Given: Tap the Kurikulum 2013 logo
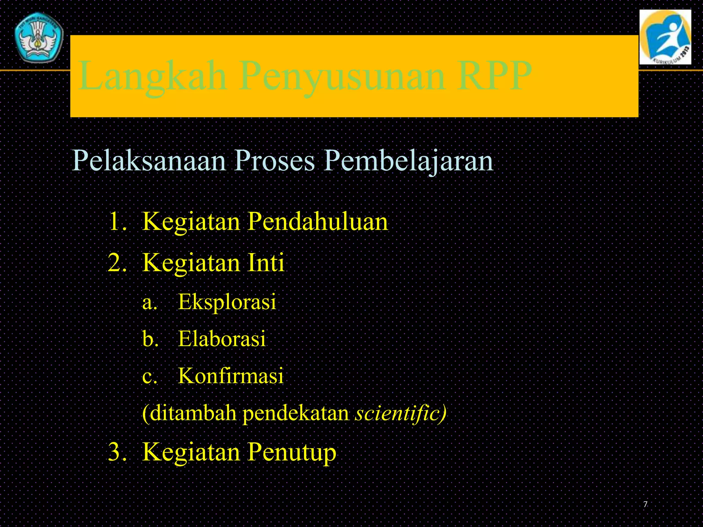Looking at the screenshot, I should (665, 37).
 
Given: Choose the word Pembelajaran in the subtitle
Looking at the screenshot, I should (408, 161).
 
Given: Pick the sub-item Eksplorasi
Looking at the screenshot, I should (227, 302).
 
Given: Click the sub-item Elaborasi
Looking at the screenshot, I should (222, 339).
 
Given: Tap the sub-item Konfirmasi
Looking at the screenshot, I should (231, 376).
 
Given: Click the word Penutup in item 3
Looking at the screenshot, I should (291, 452).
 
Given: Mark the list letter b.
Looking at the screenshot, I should (149, 339).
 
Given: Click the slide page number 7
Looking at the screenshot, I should (645, 504).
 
